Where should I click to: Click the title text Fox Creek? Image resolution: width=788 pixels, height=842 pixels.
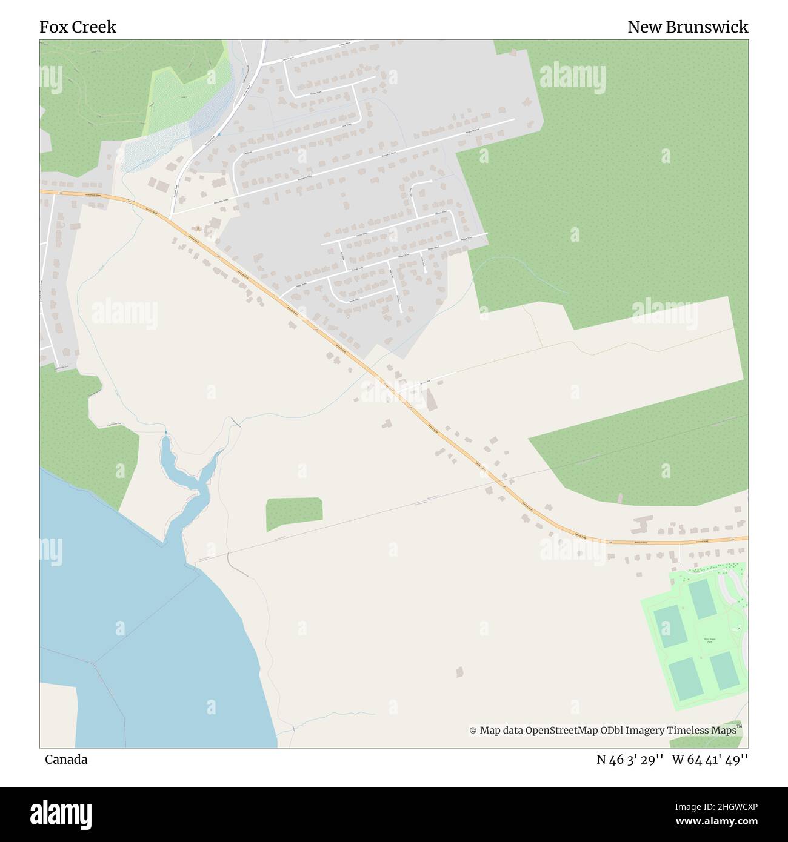click(78, 27)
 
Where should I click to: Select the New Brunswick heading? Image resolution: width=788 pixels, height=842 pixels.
click(687, 27)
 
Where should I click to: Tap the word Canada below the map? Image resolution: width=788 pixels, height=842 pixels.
click(66, 760)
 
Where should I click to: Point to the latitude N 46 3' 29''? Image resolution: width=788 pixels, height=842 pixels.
click(630, 760)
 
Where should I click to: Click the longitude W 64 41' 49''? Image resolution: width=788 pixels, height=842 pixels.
click(710, 760)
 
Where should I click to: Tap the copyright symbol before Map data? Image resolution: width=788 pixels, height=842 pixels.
click(473, 731)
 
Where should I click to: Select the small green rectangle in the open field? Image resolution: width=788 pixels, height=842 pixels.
click(294, 514)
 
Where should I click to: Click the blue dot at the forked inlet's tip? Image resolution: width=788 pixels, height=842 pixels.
click(165, 433)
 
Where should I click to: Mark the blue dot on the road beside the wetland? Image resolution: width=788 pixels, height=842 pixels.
click(219, 134)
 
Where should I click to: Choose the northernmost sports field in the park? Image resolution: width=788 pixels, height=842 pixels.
click(701, 598)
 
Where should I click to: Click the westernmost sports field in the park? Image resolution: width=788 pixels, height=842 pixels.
click(669, 626)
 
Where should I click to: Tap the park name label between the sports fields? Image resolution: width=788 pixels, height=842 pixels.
click(709, 640)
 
